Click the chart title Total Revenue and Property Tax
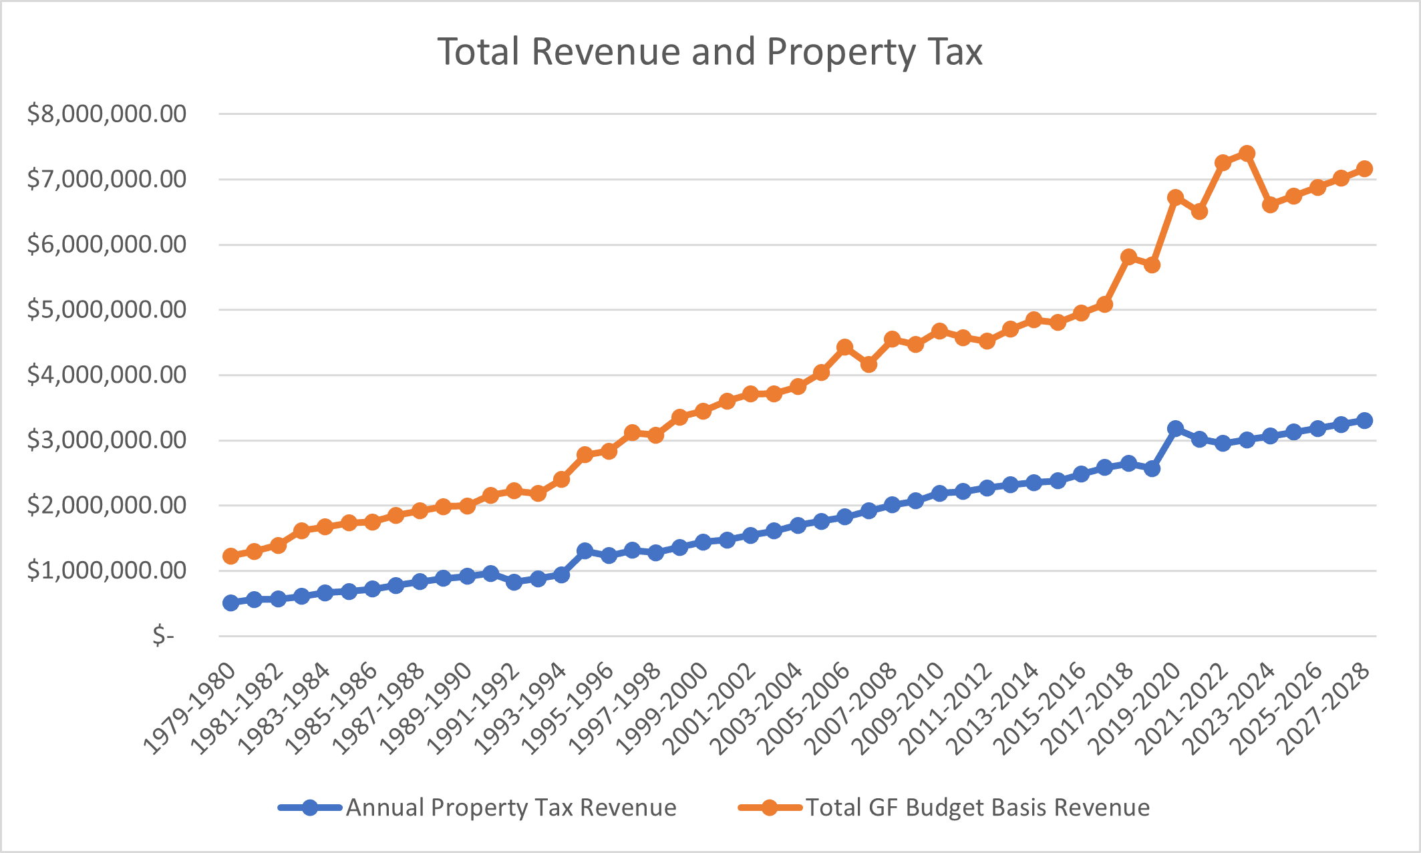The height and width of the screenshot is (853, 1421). click(709, 52)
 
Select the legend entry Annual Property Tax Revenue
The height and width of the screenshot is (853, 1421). click(510, 808)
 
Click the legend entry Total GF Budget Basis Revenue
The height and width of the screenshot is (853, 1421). click(977, 808)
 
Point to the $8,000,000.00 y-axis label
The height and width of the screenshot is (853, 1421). click(107, 114)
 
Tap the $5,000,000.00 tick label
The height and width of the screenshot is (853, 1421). click(107, 310)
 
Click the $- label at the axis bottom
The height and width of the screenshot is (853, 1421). click(163, 635)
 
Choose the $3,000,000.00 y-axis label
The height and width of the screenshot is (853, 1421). click(107, 440)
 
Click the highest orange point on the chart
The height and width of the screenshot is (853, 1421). click(1247, 154)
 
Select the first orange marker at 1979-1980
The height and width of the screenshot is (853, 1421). click(230, 556)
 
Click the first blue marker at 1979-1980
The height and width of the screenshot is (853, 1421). click(230, 603)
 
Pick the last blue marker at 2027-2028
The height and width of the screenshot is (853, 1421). click(1364, 421)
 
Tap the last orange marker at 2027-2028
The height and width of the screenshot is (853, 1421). click(1364, 169)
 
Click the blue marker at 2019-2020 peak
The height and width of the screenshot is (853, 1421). click(1176, 428)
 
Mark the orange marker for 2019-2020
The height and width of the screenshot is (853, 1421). click(1176, 198)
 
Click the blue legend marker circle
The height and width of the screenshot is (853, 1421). click(310, 808)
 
